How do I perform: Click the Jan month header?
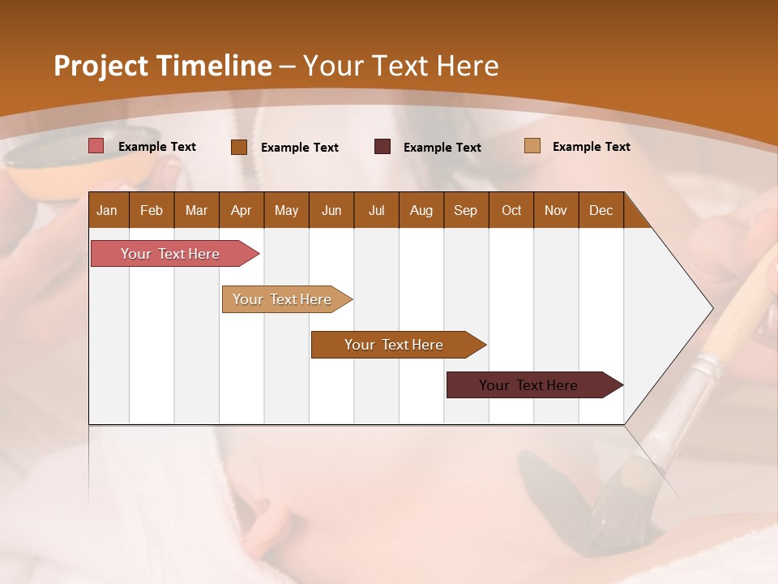pyautogui.click(x=107, y=210)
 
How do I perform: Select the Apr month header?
pyautogui.click(x=241, y=210)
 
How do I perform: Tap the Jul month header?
pyautogui.click(x=376, y=210)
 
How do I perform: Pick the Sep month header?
pyautogui.click(x=465, y=210)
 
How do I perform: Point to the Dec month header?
pyautogui.click(x=601, y=210)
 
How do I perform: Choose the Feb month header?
pyautogui.click(x=152, y=210)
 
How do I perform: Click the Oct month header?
pyautogui.click(x=511, y=210)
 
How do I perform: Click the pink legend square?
pyautogui.click(x=96, y=146)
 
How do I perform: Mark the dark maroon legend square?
pyautogui.click(x=383, y=147)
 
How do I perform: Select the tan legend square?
pyautogui.click(x=532, y=146)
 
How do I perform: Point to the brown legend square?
pyautogui.click(x=239, y=147)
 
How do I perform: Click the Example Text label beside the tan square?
pyautogui.click(x=591, y=147)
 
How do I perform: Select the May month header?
pyautogui.click(x=286, y=210)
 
